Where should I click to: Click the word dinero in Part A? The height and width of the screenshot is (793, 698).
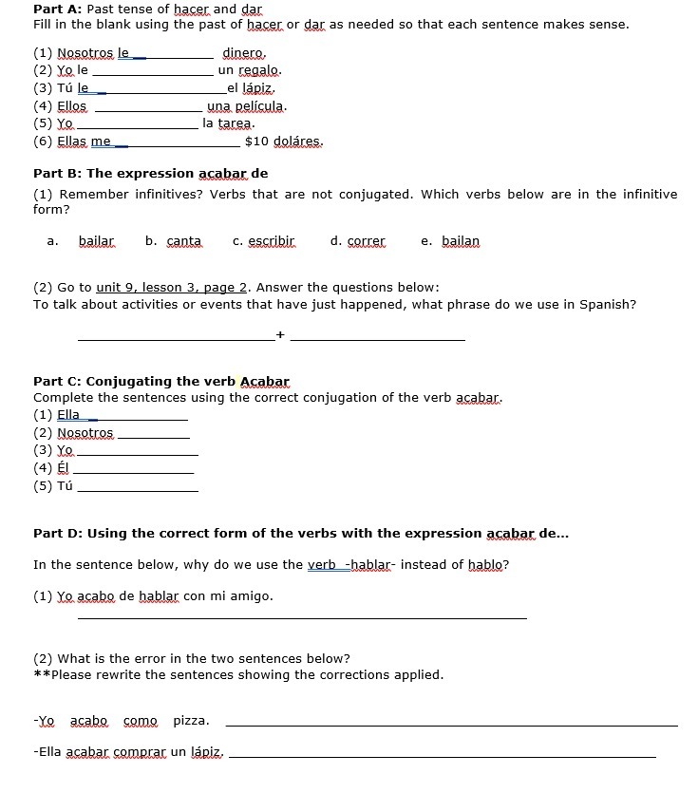click(243, 53)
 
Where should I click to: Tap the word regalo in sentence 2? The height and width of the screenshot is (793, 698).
click(258, 70)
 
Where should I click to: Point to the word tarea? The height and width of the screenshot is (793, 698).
click(235, 123)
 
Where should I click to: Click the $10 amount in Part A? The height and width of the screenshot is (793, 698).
click(256, 142)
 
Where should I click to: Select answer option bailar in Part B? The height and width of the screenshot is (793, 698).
click(96, 241)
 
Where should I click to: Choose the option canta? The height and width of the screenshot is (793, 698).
click(184, 241)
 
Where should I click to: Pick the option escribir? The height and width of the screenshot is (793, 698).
click(272, 241)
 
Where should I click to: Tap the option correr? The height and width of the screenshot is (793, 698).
click(366, 241)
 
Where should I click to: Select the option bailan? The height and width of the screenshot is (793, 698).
click(461, 241)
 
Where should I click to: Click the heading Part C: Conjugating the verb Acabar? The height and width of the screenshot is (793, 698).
click(160, 382)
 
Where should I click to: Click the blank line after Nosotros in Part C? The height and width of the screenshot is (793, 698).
click(152, 436)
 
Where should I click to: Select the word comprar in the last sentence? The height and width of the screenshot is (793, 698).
click(141, 752)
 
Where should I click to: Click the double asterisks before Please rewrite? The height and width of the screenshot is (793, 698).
click(41, 675)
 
